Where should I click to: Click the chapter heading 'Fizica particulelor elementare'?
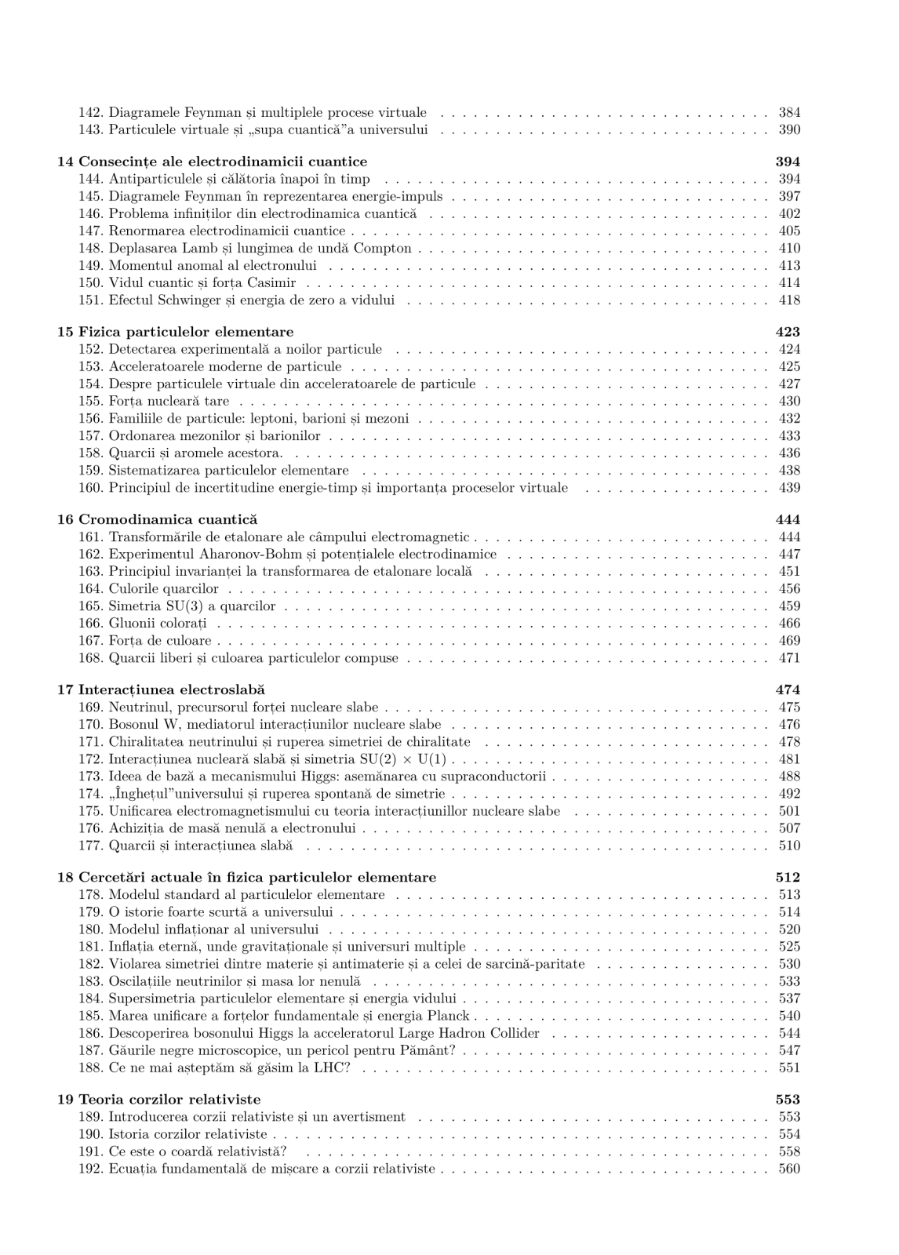click(186, 332)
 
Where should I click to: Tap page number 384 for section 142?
click(789, 112)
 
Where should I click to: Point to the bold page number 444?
click(788, 519)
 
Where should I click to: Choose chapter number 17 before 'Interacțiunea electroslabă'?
click(65, 690)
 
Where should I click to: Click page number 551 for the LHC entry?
click(789, 1068)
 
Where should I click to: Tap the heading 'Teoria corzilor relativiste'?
click(169, 1099)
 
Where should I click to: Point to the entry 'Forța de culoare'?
click(160, 641)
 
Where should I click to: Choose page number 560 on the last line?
click(789, 1169)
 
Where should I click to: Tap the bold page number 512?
click(788, 877)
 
